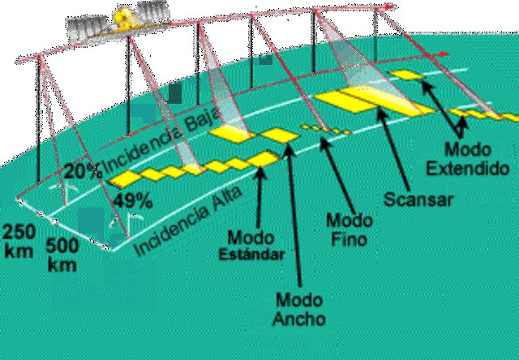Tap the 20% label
point(84,171)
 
